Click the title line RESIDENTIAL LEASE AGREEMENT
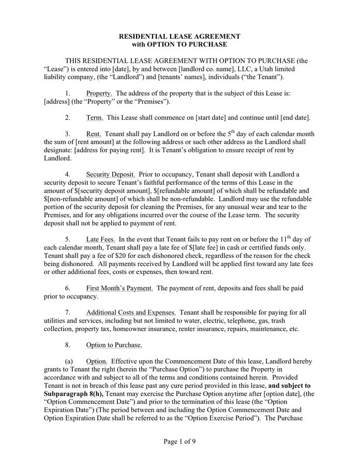tap(179, 37)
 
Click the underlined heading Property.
tap(99, 93)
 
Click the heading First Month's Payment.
tap(119, 288)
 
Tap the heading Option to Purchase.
tap(114, 345)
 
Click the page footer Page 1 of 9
tap(179, 442)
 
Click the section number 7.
tap(67, 312)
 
